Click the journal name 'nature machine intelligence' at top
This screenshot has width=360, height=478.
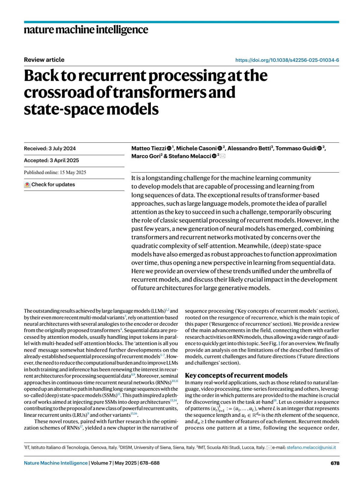[86, 30]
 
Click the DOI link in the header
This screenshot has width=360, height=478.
[287, 60]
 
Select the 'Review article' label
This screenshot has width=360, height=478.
[44, 60]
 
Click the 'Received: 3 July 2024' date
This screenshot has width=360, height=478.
[50, 149]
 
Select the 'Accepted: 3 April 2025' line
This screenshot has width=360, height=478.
[51, 161]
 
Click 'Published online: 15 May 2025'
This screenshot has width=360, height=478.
[55, 173]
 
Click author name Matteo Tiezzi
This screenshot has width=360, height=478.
[148, 148]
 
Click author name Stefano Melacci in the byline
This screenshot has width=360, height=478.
[190, 156]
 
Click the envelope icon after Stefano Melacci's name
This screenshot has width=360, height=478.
[223, 156]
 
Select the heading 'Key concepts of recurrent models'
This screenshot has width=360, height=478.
[236, 375]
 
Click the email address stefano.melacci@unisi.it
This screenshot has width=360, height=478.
[311, 447]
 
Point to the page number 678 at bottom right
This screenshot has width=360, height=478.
[335, 463]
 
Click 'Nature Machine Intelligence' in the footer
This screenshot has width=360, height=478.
[56, 463]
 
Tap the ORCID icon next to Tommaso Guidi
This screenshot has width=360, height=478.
[320, 148]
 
